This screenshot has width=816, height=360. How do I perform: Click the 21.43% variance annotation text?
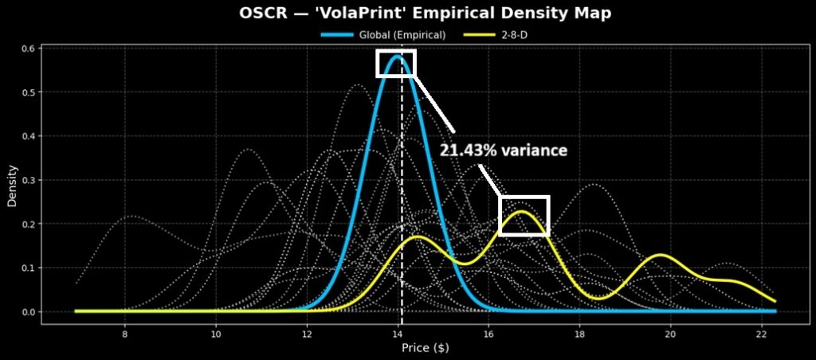[504, 150]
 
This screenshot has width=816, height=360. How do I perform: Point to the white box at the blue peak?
[396, 64]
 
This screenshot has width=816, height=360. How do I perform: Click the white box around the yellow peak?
[524, 216]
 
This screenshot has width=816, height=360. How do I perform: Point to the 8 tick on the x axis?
[125, 335]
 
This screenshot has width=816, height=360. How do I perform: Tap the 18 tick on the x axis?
[580, 335]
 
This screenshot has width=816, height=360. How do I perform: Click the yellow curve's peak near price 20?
[660, 255]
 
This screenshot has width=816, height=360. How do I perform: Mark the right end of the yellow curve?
[775, 301]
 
